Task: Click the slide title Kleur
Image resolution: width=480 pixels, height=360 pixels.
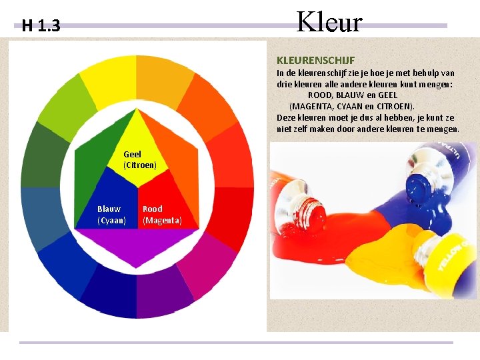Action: click(329, 22)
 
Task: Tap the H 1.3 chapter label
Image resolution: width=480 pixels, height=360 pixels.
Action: click(41, 27)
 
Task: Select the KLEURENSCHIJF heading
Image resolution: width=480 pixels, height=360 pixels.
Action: click(315, 60)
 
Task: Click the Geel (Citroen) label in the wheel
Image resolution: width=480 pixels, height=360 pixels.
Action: click(139, 159)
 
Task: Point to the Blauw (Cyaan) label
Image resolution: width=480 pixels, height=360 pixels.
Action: click(111, 215)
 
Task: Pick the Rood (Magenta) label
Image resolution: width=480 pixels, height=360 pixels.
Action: click(161, 215)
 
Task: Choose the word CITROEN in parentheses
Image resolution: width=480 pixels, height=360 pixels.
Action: click(393, 106)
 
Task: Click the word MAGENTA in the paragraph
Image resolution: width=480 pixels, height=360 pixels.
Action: click(312, 106)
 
